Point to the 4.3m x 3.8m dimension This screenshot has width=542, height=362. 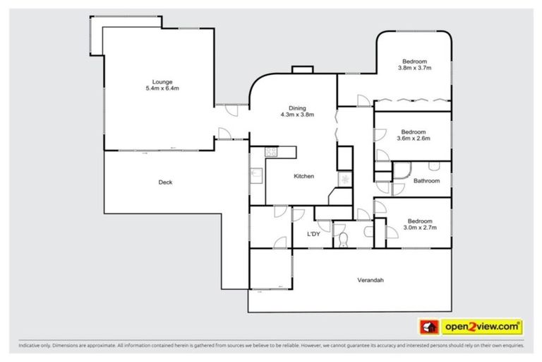(x=297, y=115)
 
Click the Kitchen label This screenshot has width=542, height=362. (x=303, y=176)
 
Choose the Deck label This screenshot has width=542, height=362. (x=165, y=182)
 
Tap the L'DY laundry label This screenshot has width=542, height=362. (x=314, y=234)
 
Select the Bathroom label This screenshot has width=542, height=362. (x=426, y=181)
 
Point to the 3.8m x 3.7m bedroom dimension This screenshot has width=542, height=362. (x=415, y=68)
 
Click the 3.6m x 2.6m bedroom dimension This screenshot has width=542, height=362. (x=415, y=139)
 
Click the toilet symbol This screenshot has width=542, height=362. (x=343, y=238)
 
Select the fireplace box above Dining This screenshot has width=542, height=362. (x=303, y=69)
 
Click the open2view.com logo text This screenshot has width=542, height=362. (x=482, y=327)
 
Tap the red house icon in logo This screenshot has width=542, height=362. (x=428, y=327)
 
